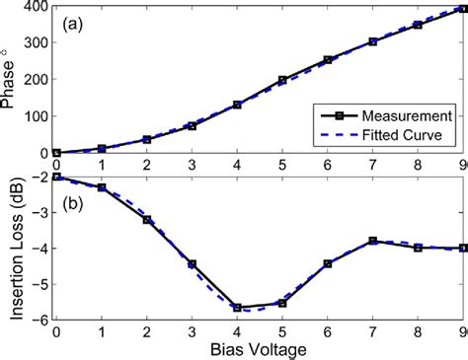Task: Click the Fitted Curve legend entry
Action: [x=399, y=133]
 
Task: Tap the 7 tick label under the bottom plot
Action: [x=372, y=331]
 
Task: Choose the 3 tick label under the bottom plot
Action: [x=192, y=331]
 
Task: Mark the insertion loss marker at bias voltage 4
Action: [x=237, y=308]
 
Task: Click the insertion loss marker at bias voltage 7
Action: [x=372, y=241]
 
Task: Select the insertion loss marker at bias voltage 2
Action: [x=146, y=220]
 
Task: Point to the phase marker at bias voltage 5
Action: [x=282, y=80]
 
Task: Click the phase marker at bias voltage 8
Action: [x=418, y=25]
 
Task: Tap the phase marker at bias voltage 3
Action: [x=192, y=126]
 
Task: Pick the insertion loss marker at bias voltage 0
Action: [x=56, y=178]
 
